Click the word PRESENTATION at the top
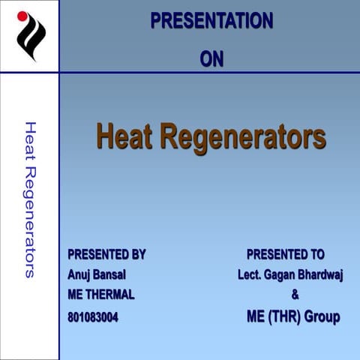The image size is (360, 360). pos(211,21)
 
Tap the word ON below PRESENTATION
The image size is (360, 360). pos(211,58)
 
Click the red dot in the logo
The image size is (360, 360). pos(22,15)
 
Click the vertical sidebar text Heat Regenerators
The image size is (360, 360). pos(30,199)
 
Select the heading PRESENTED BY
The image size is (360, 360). pos(106,254)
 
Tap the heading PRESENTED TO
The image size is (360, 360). pos(285,254)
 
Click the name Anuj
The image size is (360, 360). pos(78,274)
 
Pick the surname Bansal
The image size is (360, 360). pos(108,274)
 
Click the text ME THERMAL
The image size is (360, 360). pos(101,294)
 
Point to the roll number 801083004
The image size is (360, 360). pos(93,317)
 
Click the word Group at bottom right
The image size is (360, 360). pos(322,316)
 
